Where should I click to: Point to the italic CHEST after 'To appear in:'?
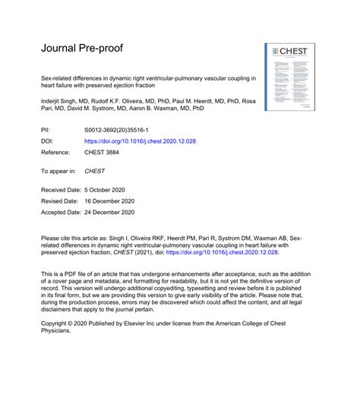click(x=94, y=171)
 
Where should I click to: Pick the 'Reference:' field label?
click(x=55, y=154)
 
